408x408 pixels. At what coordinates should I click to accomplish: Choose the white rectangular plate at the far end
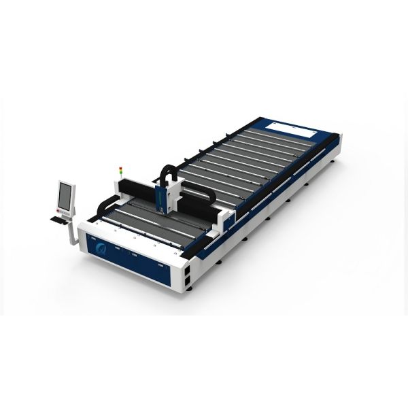click(x=285, y=127)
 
